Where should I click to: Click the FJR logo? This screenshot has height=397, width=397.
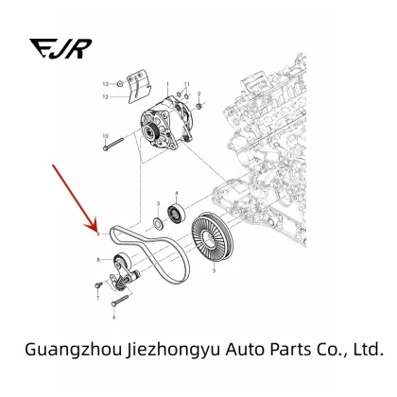click(60, 48)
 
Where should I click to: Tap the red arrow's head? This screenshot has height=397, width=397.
click(92, 226)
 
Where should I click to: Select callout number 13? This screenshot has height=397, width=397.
click(105, 84)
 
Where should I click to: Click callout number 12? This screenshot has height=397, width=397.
click(105, 97)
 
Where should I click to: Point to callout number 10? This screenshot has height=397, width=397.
click(105, 136)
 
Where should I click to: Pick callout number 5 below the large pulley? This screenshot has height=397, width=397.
click(215, 270)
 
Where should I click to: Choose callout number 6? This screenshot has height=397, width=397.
click(113, 318)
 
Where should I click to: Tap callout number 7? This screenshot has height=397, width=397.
click(97, 298)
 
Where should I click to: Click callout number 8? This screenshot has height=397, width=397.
click(98, 260)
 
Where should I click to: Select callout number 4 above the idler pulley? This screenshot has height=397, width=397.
click(177, 193)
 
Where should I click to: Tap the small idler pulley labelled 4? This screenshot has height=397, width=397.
click(176, 215)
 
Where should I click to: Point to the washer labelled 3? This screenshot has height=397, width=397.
click(158, 223)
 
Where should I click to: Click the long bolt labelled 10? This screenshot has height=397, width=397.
click(113, 144)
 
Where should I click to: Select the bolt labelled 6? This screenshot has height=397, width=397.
click(120, 301)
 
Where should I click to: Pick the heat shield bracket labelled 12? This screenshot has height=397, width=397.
click(139, 86)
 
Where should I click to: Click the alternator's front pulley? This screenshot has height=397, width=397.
click(153, 131)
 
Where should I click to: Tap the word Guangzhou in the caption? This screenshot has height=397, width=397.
click(73, 350)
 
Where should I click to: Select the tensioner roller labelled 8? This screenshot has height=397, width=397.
click(122, 260)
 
